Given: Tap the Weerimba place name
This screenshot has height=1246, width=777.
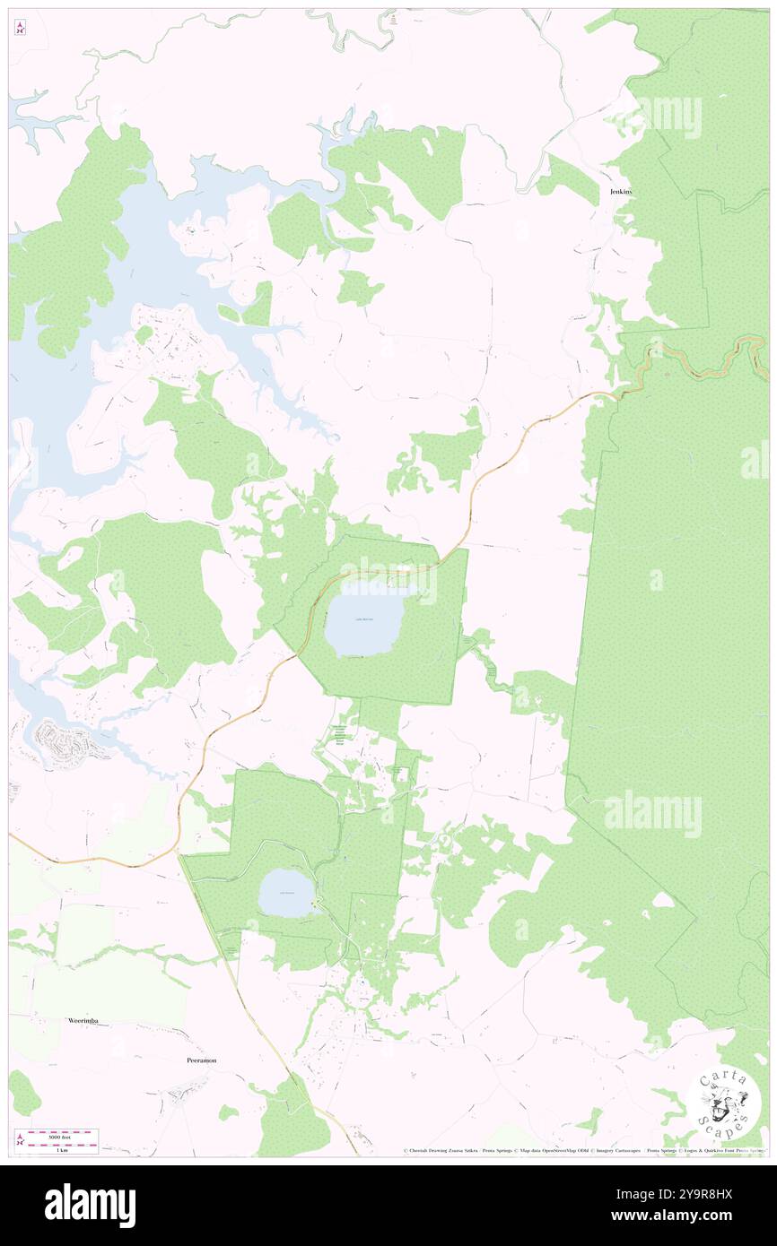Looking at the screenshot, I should (x=87, y=1020).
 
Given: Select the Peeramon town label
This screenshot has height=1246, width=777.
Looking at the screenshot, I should (x=202, y=1060).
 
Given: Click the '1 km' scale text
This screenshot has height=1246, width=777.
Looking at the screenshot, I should (x=62, y=1149).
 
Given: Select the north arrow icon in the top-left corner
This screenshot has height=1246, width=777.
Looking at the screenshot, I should (x=20, y=29).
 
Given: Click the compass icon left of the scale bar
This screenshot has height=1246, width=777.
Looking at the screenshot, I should (x=20, y=1140).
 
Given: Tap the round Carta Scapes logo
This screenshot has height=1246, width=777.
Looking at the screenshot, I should (x=726, y=1104).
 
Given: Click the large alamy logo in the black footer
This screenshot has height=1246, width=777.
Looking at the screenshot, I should (x=90, y=1205).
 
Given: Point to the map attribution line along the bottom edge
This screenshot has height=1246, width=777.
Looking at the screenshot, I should (x=583, y=1150).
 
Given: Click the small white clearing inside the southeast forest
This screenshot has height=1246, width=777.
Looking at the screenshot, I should (x=663, y=899).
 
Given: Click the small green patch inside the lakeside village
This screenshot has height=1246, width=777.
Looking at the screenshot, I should (x=144, y=333).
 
